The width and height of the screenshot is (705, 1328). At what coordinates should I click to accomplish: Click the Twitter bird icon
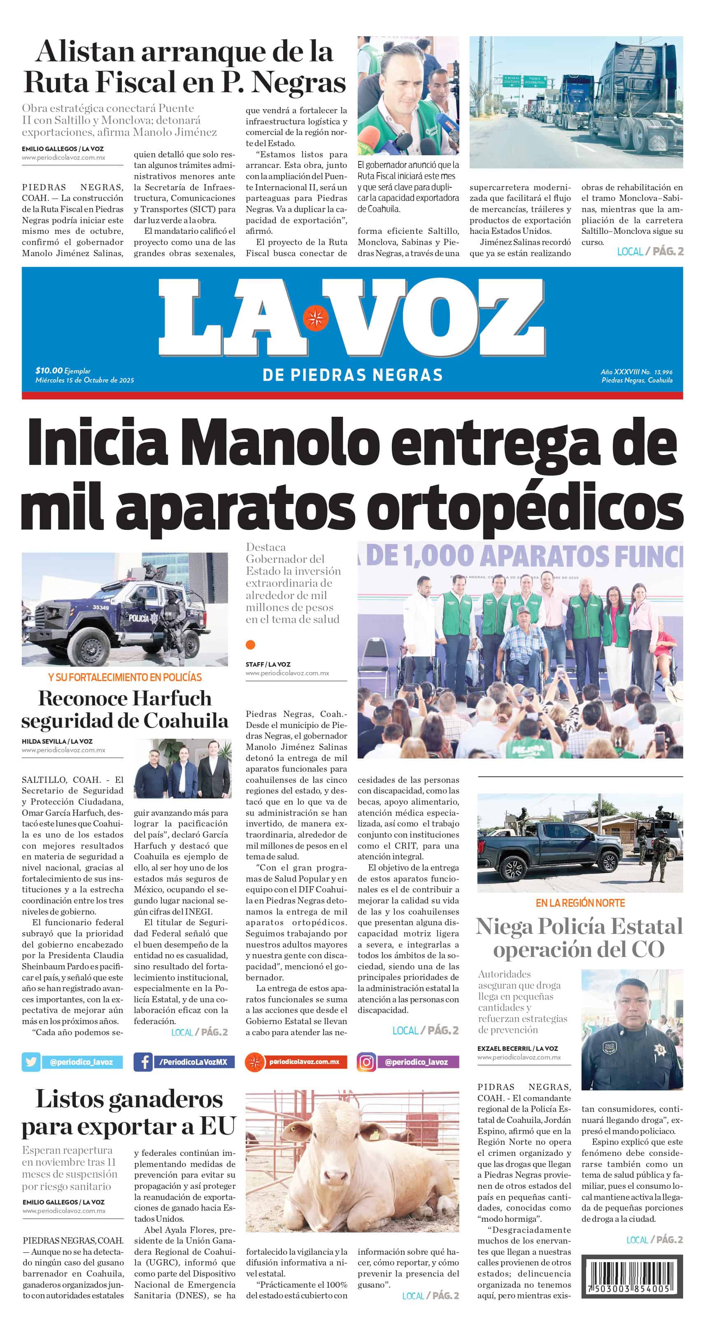(31, 1062)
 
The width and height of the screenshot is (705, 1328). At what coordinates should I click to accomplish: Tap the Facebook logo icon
(143, 1062)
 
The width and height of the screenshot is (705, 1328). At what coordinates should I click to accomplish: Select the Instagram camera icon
(366, 1062)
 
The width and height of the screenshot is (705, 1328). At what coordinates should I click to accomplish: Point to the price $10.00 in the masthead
(49, 370)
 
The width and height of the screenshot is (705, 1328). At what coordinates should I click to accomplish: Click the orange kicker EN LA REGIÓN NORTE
(580, 903)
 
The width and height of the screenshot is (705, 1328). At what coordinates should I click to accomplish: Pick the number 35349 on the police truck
(100, 607)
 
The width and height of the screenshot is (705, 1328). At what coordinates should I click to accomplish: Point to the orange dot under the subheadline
(251, 644)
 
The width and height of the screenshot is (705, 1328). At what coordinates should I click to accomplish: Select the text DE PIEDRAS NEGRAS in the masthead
(352, 375)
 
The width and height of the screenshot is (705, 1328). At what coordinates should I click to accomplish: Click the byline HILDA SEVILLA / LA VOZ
(57, 741)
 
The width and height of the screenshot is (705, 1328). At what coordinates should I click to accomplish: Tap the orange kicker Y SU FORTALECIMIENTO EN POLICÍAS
(125, 677)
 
